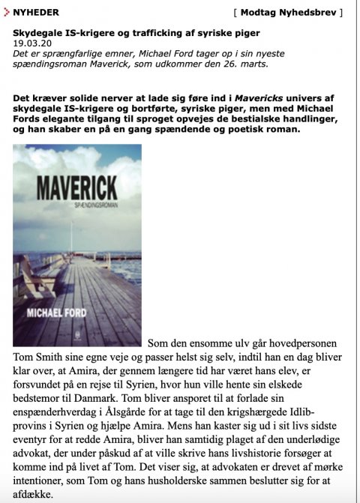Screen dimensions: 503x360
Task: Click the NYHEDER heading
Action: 36,13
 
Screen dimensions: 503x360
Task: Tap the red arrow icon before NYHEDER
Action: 7,13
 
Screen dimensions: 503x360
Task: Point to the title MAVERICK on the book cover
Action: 76,184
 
